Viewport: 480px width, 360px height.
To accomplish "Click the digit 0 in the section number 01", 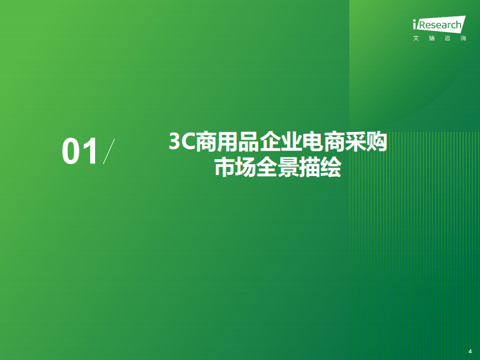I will tap(71, 152).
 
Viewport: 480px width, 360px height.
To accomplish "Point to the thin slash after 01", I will tap(110, 151).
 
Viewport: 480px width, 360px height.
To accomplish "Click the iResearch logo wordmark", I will tap(439, 25).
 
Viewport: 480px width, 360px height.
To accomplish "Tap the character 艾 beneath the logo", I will tap(416, 39).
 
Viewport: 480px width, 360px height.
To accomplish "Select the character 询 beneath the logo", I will tap(463, 39).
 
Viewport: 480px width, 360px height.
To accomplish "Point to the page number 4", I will tap(470, 350).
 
